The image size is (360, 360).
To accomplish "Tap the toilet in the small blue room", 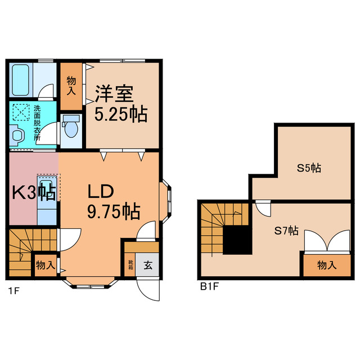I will coord(70,128).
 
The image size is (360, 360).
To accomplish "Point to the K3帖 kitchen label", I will coord(33,193).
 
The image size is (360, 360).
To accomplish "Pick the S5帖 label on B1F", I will coord(309,168).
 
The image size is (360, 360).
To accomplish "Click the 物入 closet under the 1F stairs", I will coord(45,264).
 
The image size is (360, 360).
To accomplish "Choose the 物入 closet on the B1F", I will coord(328,265).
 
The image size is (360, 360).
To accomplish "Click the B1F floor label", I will coord(209,286).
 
